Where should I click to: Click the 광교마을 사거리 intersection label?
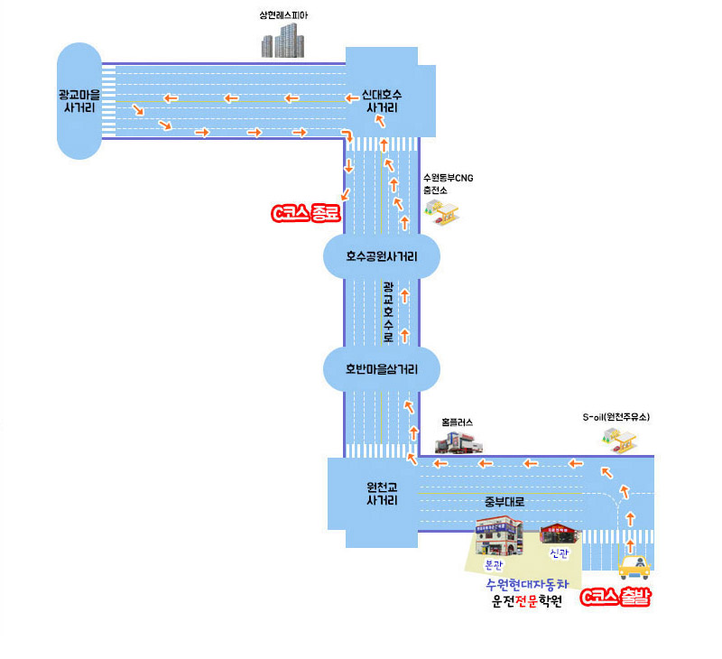point(79,99)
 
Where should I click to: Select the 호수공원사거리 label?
point(382,256)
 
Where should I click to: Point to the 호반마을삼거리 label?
point(381,368)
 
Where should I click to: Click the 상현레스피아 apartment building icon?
point(282,41)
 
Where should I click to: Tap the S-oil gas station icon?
point(619,439)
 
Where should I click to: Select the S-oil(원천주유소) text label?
point(616,417)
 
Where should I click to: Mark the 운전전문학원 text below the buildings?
point(526,602)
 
